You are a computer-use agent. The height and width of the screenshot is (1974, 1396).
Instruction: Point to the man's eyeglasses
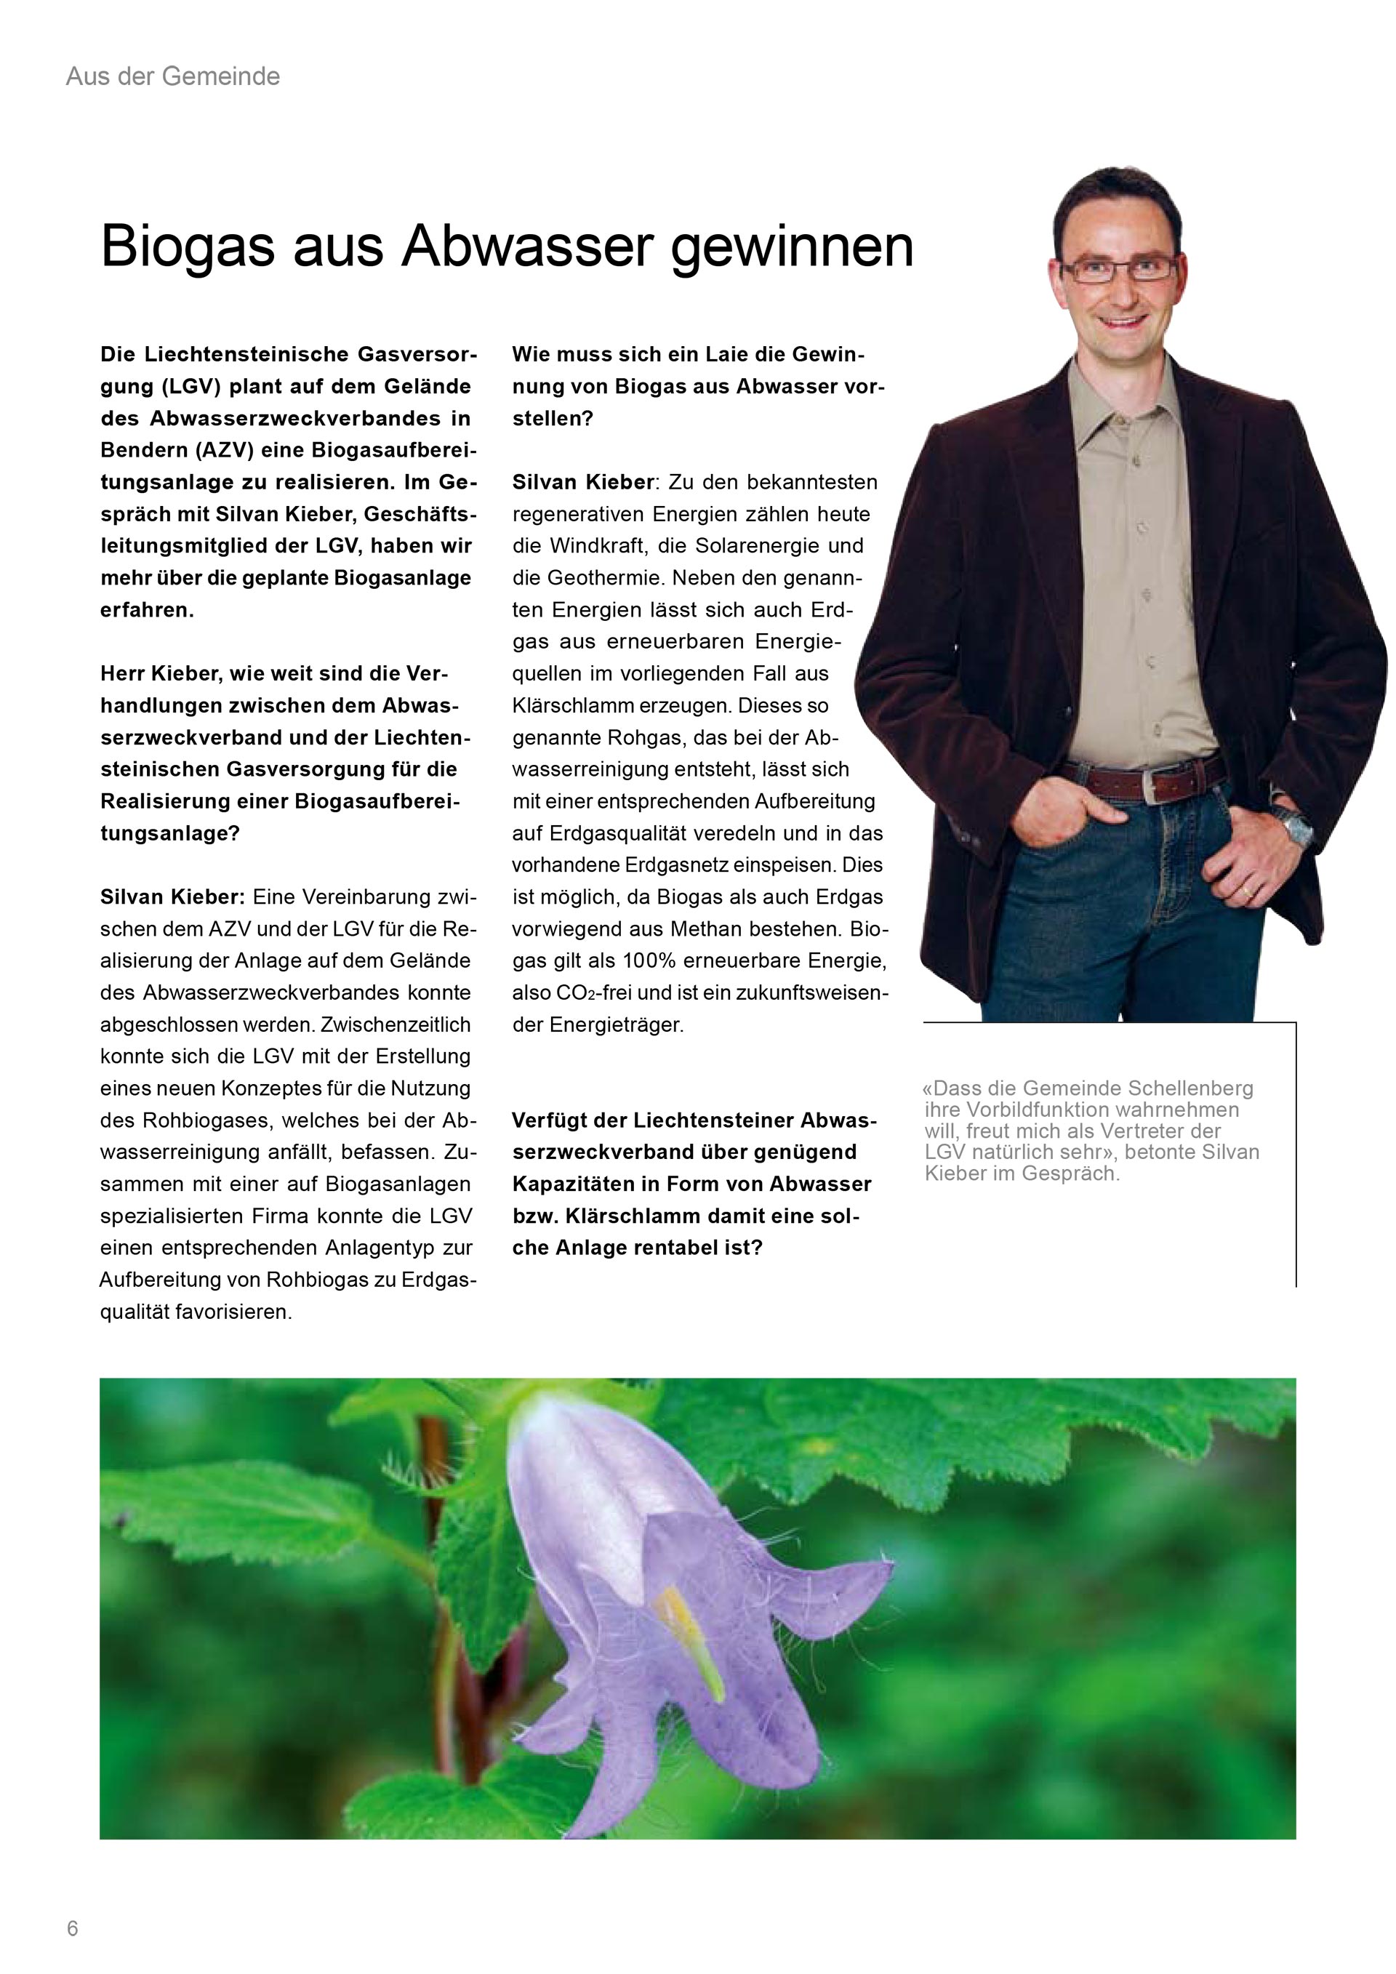click(x=1119, y=269)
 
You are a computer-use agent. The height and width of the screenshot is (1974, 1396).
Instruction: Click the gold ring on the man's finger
click(x=1246, y=894)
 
